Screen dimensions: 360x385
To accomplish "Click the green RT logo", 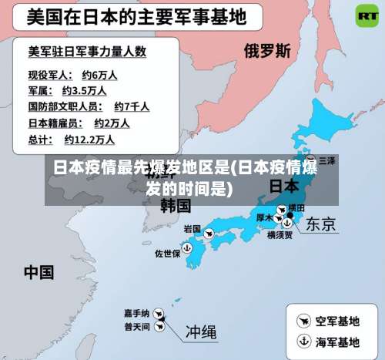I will click(x=366, y=15).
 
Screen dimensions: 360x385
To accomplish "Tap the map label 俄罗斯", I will click(x=267, y=51).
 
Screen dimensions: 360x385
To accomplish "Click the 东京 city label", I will click(x=320, y=224).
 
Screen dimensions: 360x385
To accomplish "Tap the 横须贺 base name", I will click(x=280, y=236).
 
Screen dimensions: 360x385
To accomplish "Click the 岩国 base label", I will click(x=192, y=229).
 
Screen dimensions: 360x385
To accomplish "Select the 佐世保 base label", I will click(x=167, y=253).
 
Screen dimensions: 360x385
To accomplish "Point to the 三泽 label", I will click(x=327, y=160).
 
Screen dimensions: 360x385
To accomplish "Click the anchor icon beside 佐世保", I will click(x=187, y=248).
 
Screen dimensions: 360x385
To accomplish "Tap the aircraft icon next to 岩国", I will click(x=210, y=230).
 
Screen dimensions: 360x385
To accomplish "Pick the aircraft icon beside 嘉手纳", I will click(x=159, y=314).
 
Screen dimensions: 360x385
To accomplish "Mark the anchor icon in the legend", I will click(x=303, y=341).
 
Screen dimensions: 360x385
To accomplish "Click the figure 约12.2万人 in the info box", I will click(x=89, y=140).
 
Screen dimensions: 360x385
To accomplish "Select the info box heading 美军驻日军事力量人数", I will click(x=87, y=52).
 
